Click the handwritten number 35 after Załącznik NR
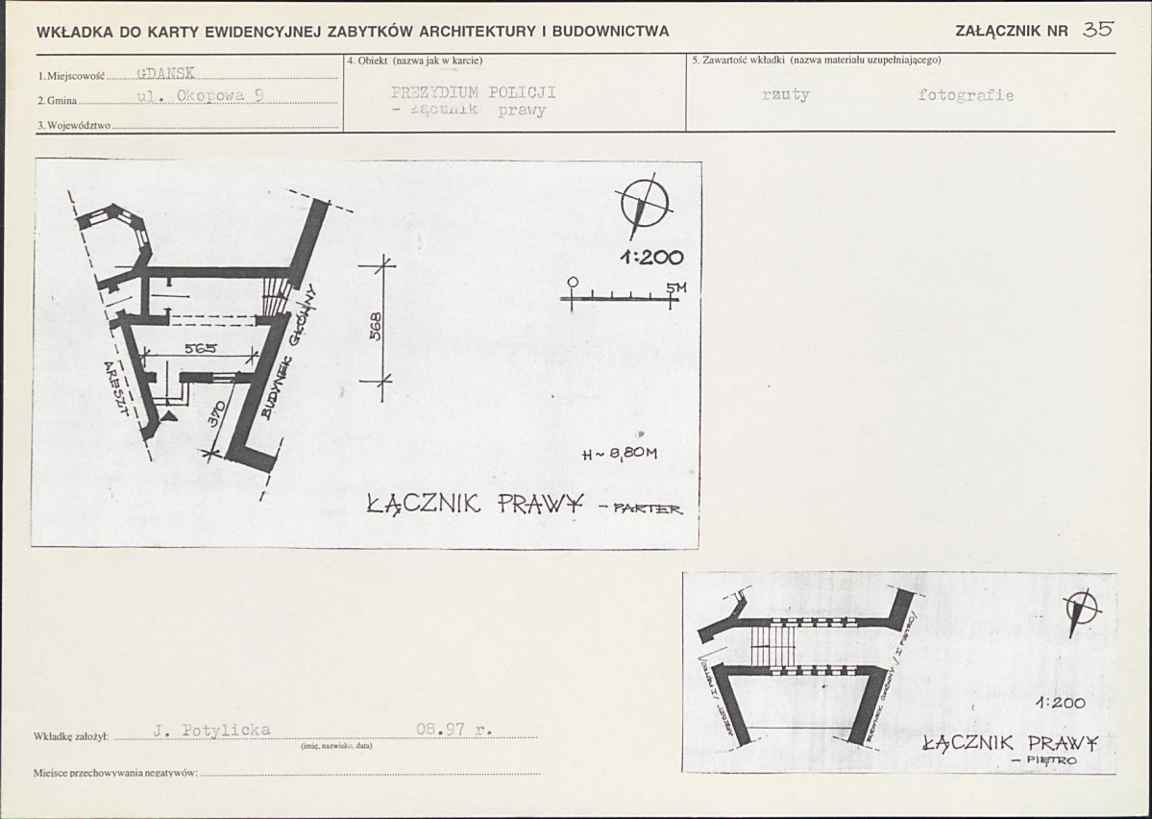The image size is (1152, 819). coord(1097,29)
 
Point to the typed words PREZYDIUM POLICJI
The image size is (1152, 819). coord(474,92)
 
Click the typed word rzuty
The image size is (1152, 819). coord(785,95)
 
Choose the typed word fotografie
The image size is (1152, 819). coord(965,95)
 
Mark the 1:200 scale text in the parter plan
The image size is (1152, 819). coord(651,257)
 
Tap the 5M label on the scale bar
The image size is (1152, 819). coord(676,287)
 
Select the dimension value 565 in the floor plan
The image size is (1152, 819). coord(201,348)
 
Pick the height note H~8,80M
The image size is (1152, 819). coord(620,456)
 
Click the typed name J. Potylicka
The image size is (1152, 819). coord(212,731)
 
